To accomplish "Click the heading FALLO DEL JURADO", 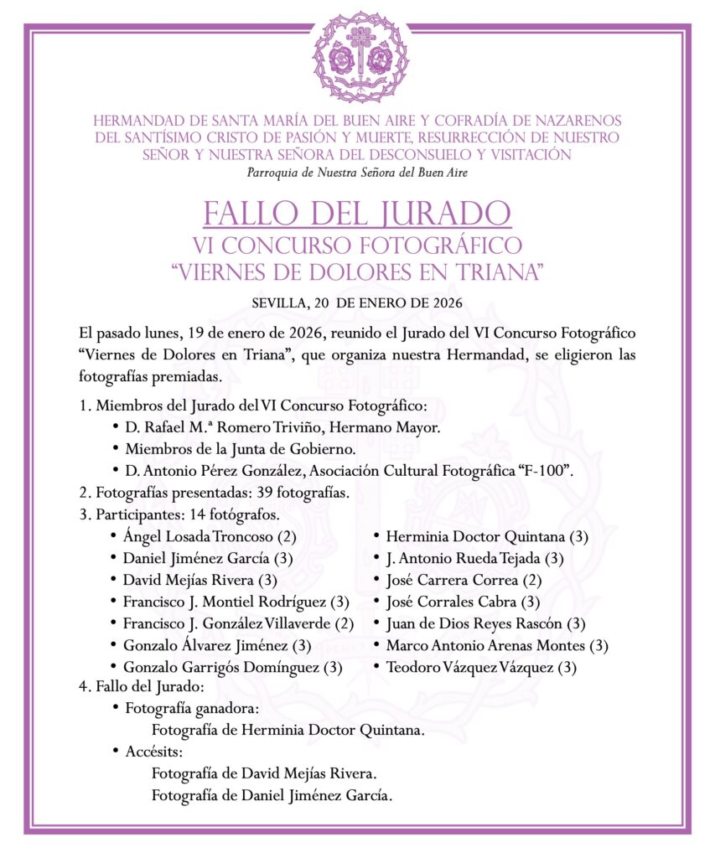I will tap(358, 214).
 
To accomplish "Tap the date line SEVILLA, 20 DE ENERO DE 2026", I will tap(358, 302).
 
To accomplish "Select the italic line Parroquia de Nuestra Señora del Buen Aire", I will tap(358, 173).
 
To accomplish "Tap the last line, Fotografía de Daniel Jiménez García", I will tap(272, 795).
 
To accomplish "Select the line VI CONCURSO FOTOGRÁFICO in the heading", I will tap(358, 246).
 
